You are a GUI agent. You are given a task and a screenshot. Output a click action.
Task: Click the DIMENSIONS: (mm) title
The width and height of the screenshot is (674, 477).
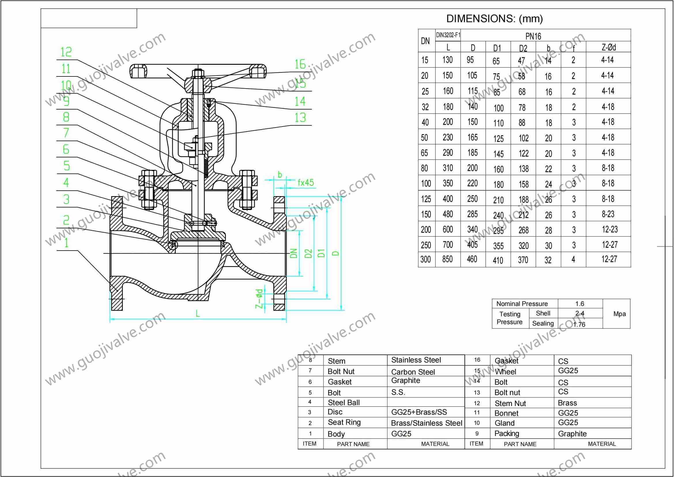click(x=494, y=19)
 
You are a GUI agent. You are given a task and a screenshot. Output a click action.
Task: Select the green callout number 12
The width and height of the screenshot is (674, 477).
click(x=66, y=52)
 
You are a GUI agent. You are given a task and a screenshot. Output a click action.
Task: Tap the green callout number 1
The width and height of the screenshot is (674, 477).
click(x=66, y=243)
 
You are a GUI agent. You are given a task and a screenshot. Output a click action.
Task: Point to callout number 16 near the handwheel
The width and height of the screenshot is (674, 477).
click(x=300, y=64)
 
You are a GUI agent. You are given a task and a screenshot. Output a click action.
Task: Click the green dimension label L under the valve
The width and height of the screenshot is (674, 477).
click(x=198, y=314)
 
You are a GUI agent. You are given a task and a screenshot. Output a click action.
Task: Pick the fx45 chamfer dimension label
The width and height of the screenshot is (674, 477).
click(x=305, y=183)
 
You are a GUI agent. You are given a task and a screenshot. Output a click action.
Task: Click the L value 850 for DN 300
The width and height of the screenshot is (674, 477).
click(x=448, y=259)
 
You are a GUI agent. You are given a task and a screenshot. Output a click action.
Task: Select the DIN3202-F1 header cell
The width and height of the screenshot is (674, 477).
click(x=448, y=35)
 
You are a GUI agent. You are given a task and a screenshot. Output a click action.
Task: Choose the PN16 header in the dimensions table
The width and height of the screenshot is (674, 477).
click(x=533, y=36)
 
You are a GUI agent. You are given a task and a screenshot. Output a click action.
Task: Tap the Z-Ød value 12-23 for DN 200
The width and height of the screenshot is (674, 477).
click(x=610, y=229)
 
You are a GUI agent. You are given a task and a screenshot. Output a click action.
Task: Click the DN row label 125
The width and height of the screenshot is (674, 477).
click(x=426, y=199)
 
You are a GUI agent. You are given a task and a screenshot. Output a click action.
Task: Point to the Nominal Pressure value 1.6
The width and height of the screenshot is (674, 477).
click(x=580, y=304)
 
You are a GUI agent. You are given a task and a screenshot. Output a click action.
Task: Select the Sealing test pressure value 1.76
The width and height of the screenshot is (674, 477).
click(x=579, y=324)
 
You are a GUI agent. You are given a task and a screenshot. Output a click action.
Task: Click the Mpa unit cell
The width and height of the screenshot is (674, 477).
click(x=620, y=314)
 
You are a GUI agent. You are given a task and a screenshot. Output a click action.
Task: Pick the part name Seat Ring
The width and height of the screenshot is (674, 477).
click(x=344, y=422)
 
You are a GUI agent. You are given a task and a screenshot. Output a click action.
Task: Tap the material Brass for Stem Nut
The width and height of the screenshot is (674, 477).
click(x=567, y=403)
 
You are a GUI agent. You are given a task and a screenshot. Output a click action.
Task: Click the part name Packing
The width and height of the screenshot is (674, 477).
click(x=507, y=433)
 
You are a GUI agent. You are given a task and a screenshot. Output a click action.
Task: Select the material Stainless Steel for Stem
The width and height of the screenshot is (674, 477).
click(x=416, y=360)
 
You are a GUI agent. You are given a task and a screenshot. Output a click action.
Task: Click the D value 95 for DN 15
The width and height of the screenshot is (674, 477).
click(x=470, y=60)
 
